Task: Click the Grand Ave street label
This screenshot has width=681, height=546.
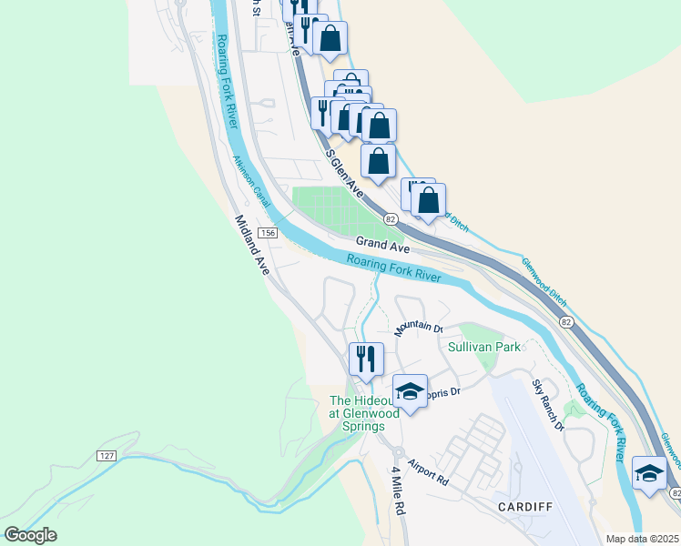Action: pos(381,243)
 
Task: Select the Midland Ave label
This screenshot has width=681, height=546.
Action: pos(252,245)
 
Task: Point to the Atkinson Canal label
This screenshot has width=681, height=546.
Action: pos(251,181)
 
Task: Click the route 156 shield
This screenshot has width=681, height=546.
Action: pos(267,234)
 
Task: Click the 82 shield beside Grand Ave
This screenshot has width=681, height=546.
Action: pos(391,219)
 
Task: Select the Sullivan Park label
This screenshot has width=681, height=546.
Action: pos(483,347)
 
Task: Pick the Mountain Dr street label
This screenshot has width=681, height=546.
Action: pos(417,329)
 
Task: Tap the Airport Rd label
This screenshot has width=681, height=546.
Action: pos(429,470)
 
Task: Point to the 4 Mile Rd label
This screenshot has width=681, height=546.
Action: pos(397,490)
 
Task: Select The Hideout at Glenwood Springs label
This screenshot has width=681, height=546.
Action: pos(364,412)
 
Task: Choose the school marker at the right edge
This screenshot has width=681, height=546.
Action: pos(649,473)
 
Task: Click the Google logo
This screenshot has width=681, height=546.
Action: pos(30,535)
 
